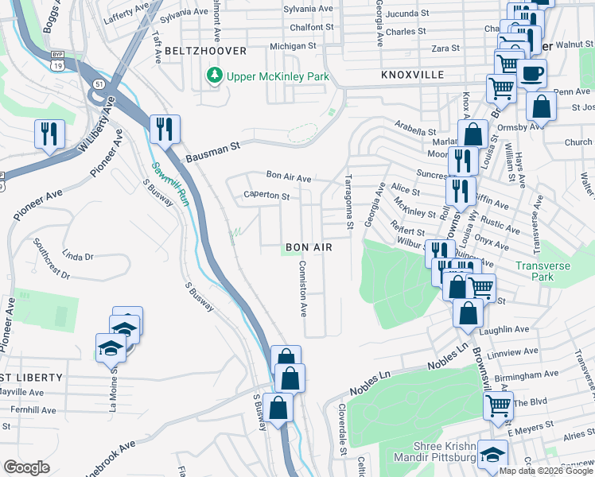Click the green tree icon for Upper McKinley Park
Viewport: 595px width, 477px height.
pyautogui.click(x=213, y=76)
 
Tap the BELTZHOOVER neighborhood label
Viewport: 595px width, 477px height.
pyautogui.click(x=206, y=50)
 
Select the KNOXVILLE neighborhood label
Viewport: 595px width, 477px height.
pyautogui.click(x=412, y=74)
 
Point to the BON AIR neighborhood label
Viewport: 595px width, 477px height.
pyautogui.click(x=309, y=248)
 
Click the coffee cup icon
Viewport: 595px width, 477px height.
pyautogui.click(x=531, y=74)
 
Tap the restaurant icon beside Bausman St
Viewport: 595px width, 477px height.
pyautogui.click(x=165, y=129)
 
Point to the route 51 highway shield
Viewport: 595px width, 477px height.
pyautogui.click(x=97, y=82)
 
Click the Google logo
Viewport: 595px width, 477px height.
pyautogui.click(x=26, y=467)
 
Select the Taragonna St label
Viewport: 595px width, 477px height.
pyautogui.click(x=348, y=203)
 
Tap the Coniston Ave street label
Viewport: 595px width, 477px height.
pyautogui.click(x=302, y=288)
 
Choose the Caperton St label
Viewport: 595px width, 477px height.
pyautogui.click(x=266, y=195)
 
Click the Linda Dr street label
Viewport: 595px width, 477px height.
pyautogui.click(x=77, y=256)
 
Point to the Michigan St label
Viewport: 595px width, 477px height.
pyautogui.click(x=293, y=46)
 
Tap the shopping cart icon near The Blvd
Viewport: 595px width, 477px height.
pyautogui.click(x=498, y=405)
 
